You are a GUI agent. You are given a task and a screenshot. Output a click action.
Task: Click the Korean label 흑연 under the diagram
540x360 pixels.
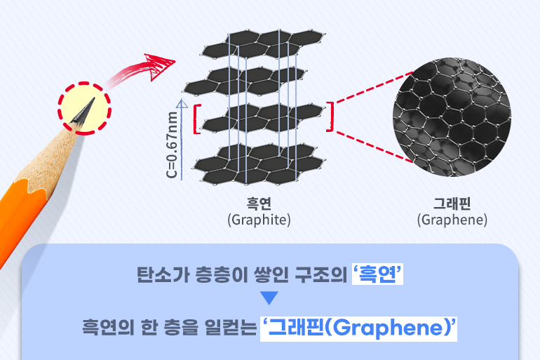pos(258,204)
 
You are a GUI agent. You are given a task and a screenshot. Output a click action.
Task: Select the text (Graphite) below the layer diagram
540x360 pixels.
pos(259,220)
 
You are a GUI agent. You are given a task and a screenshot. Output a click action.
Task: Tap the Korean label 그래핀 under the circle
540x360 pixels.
pos(452,204)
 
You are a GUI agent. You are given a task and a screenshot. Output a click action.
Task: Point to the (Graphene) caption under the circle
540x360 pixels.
pos(452,220)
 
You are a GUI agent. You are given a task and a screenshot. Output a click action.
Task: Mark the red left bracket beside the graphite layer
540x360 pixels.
pos(197,117)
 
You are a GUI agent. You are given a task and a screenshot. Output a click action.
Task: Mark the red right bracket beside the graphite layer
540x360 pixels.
pos(330,117)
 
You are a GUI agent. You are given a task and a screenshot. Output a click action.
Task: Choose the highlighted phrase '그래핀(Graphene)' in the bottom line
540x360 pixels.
pos(358,327)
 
